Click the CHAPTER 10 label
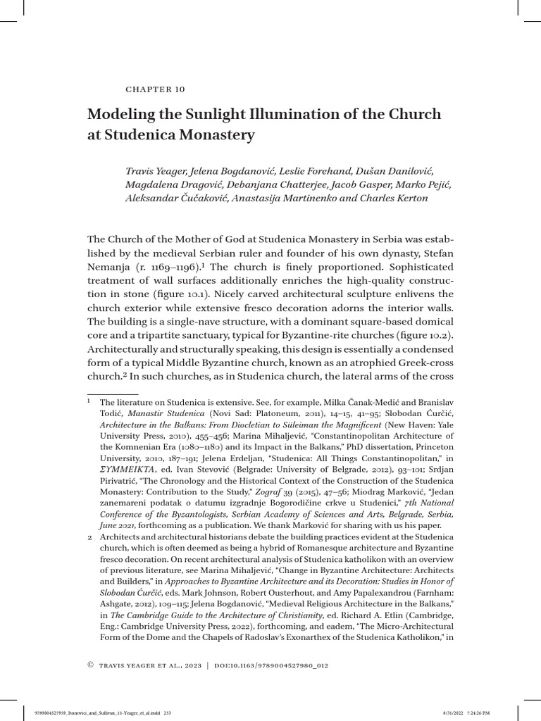tap(154, 89)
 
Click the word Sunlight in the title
tap(224, 114)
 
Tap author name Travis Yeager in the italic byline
tap(158, 170)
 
